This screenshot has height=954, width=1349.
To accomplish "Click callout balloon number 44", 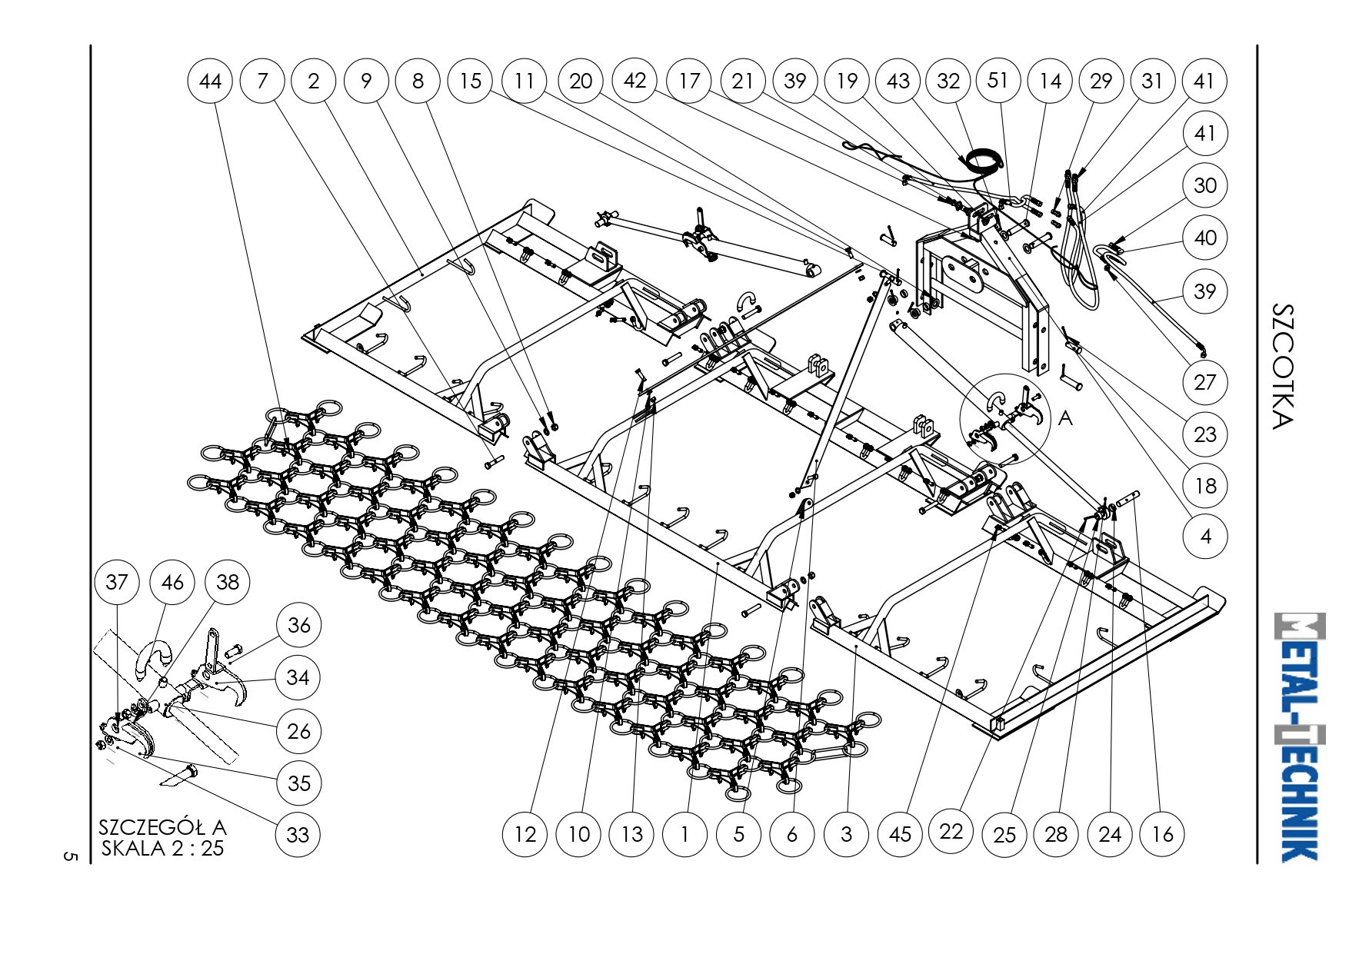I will (210, 81).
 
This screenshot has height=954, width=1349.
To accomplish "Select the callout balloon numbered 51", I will (998, 80).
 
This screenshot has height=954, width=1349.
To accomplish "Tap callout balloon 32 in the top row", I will (948, 81).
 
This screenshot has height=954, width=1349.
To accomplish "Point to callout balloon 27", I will (1205, 382).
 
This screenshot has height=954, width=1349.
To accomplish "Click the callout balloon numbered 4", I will (1205, 537).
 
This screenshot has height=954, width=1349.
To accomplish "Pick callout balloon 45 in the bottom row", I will (900, 834).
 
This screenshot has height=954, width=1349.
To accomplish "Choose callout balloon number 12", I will (525, 834).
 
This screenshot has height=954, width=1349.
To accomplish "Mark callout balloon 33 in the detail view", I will (298, 834).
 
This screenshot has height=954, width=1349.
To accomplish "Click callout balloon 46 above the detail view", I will (172, 582).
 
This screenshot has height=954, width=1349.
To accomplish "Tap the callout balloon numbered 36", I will (298, 625).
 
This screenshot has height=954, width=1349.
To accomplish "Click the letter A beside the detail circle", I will (1065, 417).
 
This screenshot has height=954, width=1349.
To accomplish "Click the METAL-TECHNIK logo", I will (1301, 737).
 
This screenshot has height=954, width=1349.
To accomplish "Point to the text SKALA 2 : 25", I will (162, 849).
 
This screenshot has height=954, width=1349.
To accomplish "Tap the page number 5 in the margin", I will (71, 856).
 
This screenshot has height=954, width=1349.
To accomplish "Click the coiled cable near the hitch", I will (985, 161).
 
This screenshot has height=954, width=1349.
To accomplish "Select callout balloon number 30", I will (1205, 185).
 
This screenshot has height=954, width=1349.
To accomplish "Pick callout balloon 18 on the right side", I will (1205, 486).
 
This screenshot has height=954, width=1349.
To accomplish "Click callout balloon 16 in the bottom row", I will (1162, 834).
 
